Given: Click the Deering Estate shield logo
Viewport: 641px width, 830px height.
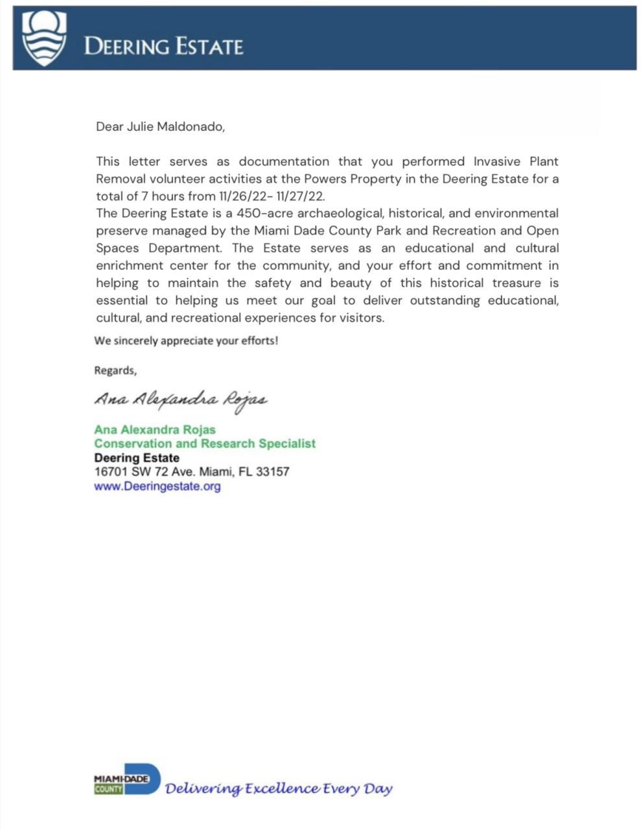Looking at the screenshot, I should click(x=44, y=38).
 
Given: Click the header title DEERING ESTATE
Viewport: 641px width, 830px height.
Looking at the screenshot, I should click(x=164, y=47).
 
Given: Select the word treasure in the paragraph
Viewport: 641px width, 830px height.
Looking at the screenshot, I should click(x=516, y=283).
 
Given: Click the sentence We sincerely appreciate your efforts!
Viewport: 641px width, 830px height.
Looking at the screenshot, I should click(x=186, y=340).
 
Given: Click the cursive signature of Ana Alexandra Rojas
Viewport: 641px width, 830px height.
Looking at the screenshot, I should click(x=180, y=399).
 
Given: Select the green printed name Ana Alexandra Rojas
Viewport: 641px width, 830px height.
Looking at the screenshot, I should click(x=155, y=429).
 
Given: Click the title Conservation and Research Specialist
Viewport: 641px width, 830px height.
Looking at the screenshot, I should click(x=205, y=444).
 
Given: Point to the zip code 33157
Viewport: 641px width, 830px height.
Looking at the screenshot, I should click(x=272, y=471).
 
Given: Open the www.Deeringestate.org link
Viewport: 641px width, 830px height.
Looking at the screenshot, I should click(x=157, y=486).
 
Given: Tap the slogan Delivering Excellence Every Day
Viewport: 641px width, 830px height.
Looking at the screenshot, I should click(x=279, y=788).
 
